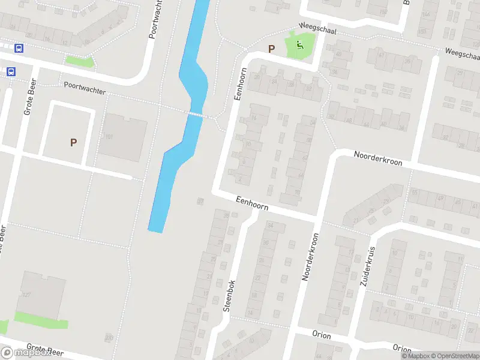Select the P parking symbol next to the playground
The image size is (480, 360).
point(271,49)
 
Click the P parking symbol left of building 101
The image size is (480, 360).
point(73,142)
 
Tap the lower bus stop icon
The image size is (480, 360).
point(11,71)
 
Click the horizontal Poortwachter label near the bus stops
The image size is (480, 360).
point(85,88)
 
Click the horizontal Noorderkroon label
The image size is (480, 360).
point(378,158)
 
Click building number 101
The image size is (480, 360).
point(109,137)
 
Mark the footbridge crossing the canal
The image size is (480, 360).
point(195,113)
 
